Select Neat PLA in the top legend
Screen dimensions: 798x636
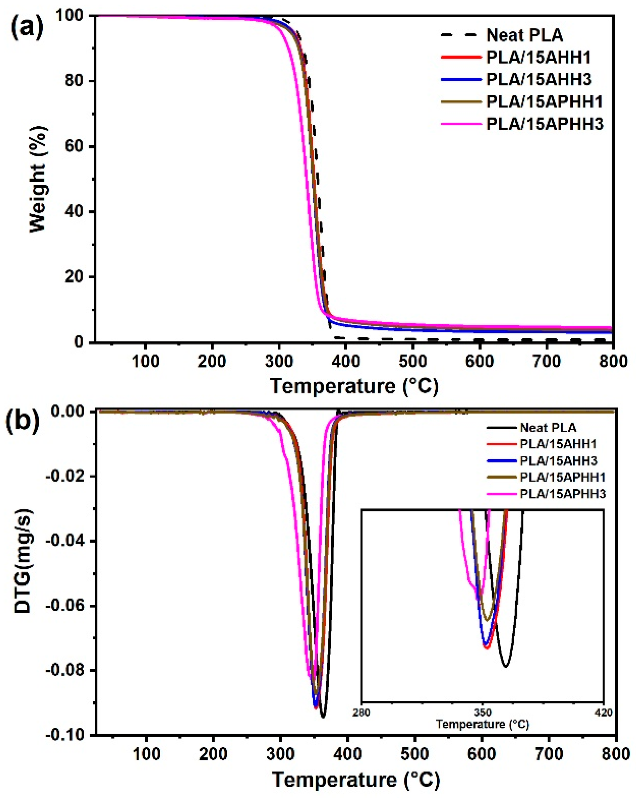pyautogui.click(x=524, y=36)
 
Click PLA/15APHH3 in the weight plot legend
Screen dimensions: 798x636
pyautogui.click(x=544, y=124)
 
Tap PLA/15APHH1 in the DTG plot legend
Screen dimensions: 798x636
pyautogui.click(x=562, y=477)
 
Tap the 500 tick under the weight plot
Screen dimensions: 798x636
pyautogui.click(x=412, y=361)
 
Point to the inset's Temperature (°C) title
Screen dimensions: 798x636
pyautogui.click(x=482, y=724)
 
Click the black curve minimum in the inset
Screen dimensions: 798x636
pyautogui.click(x=506, y=666)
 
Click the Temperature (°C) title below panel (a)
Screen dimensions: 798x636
pyautogui.click(x=354, y=386)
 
